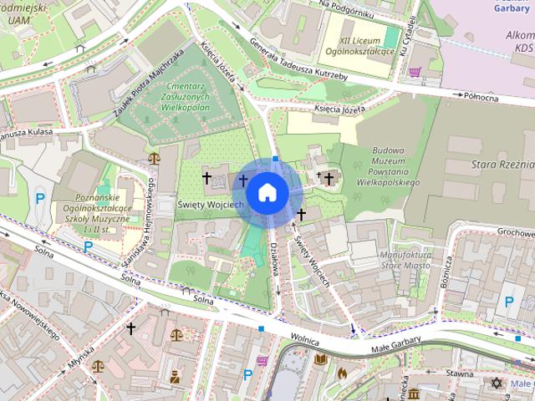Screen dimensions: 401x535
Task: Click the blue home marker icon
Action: click(x=267, y=192)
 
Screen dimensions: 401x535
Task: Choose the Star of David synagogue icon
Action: click(x=497, y=383)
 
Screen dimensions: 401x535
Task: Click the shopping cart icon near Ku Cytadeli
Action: click(x=415, y=73)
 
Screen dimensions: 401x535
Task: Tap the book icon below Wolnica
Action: click(x=319, y=360)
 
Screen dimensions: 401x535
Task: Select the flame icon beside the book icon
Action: click(x=342, y=373)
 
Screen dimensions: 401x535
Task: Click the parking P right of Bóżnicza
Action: click(x=507, y=302)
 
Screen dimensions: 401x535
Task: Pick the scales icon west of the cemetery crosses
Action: click(x=154, y=157)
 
